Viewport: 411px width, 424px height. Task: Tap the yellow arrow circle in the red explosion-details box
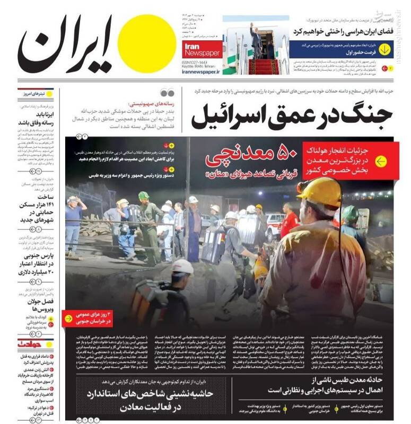coord(381,161)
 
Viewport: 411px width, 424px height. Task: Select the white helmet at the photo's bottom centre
coord(182,266)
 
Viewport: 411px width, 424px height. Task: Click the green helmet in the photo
coord(144,196)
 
